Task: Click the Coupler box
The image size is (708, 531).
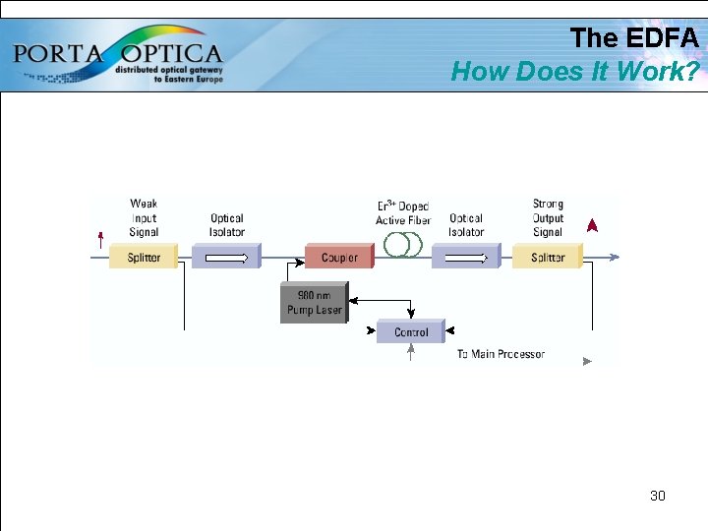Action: (x=339, y=258)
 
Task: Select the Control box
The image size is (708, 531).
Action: (x=411, y=332)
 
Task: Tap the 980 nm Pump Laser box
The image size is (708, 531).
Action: (x=314, y=303)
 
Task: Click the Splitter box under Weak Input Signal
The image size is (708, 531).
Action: (x=144, y=258)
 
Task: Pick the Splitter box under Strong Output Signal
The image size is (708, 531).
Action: (x=548, y=258)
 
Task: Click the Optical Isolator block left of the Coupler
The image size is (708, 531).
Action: (x=226, y=258)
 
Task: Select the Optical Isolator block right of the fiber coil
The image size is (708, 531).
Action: (x=466, y=258)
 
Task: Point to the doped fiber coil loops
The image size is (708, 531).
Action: (x=402, y=245)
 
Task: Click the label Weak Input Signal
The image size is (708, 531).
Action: (x=144, y=218)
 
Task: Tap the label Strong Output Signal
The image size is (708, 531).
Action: (x=548, y=218)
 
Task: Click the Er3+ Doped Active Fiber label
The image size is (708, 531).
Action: (x=402, y=213)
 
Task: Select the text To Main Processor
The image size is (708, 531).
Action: (x=501, y=354)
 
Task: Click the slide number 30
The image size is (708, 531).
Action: (x=658, y=496)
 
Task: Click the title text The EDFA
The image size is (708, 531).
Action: (x=634, y=38)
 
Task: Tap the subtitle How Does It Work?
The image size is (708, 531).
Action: (x=575, y=71)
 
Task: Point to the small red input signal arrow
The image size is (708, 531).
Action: (x=100, y=237)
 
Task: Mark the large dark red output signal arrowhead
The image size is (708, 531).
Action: (x=591, y=226)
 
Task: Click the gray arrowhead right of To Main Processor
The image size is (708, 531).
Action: (x=587, y=361)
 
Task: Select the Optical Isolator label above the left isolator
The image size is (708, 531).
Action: (x=227, y=225)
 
